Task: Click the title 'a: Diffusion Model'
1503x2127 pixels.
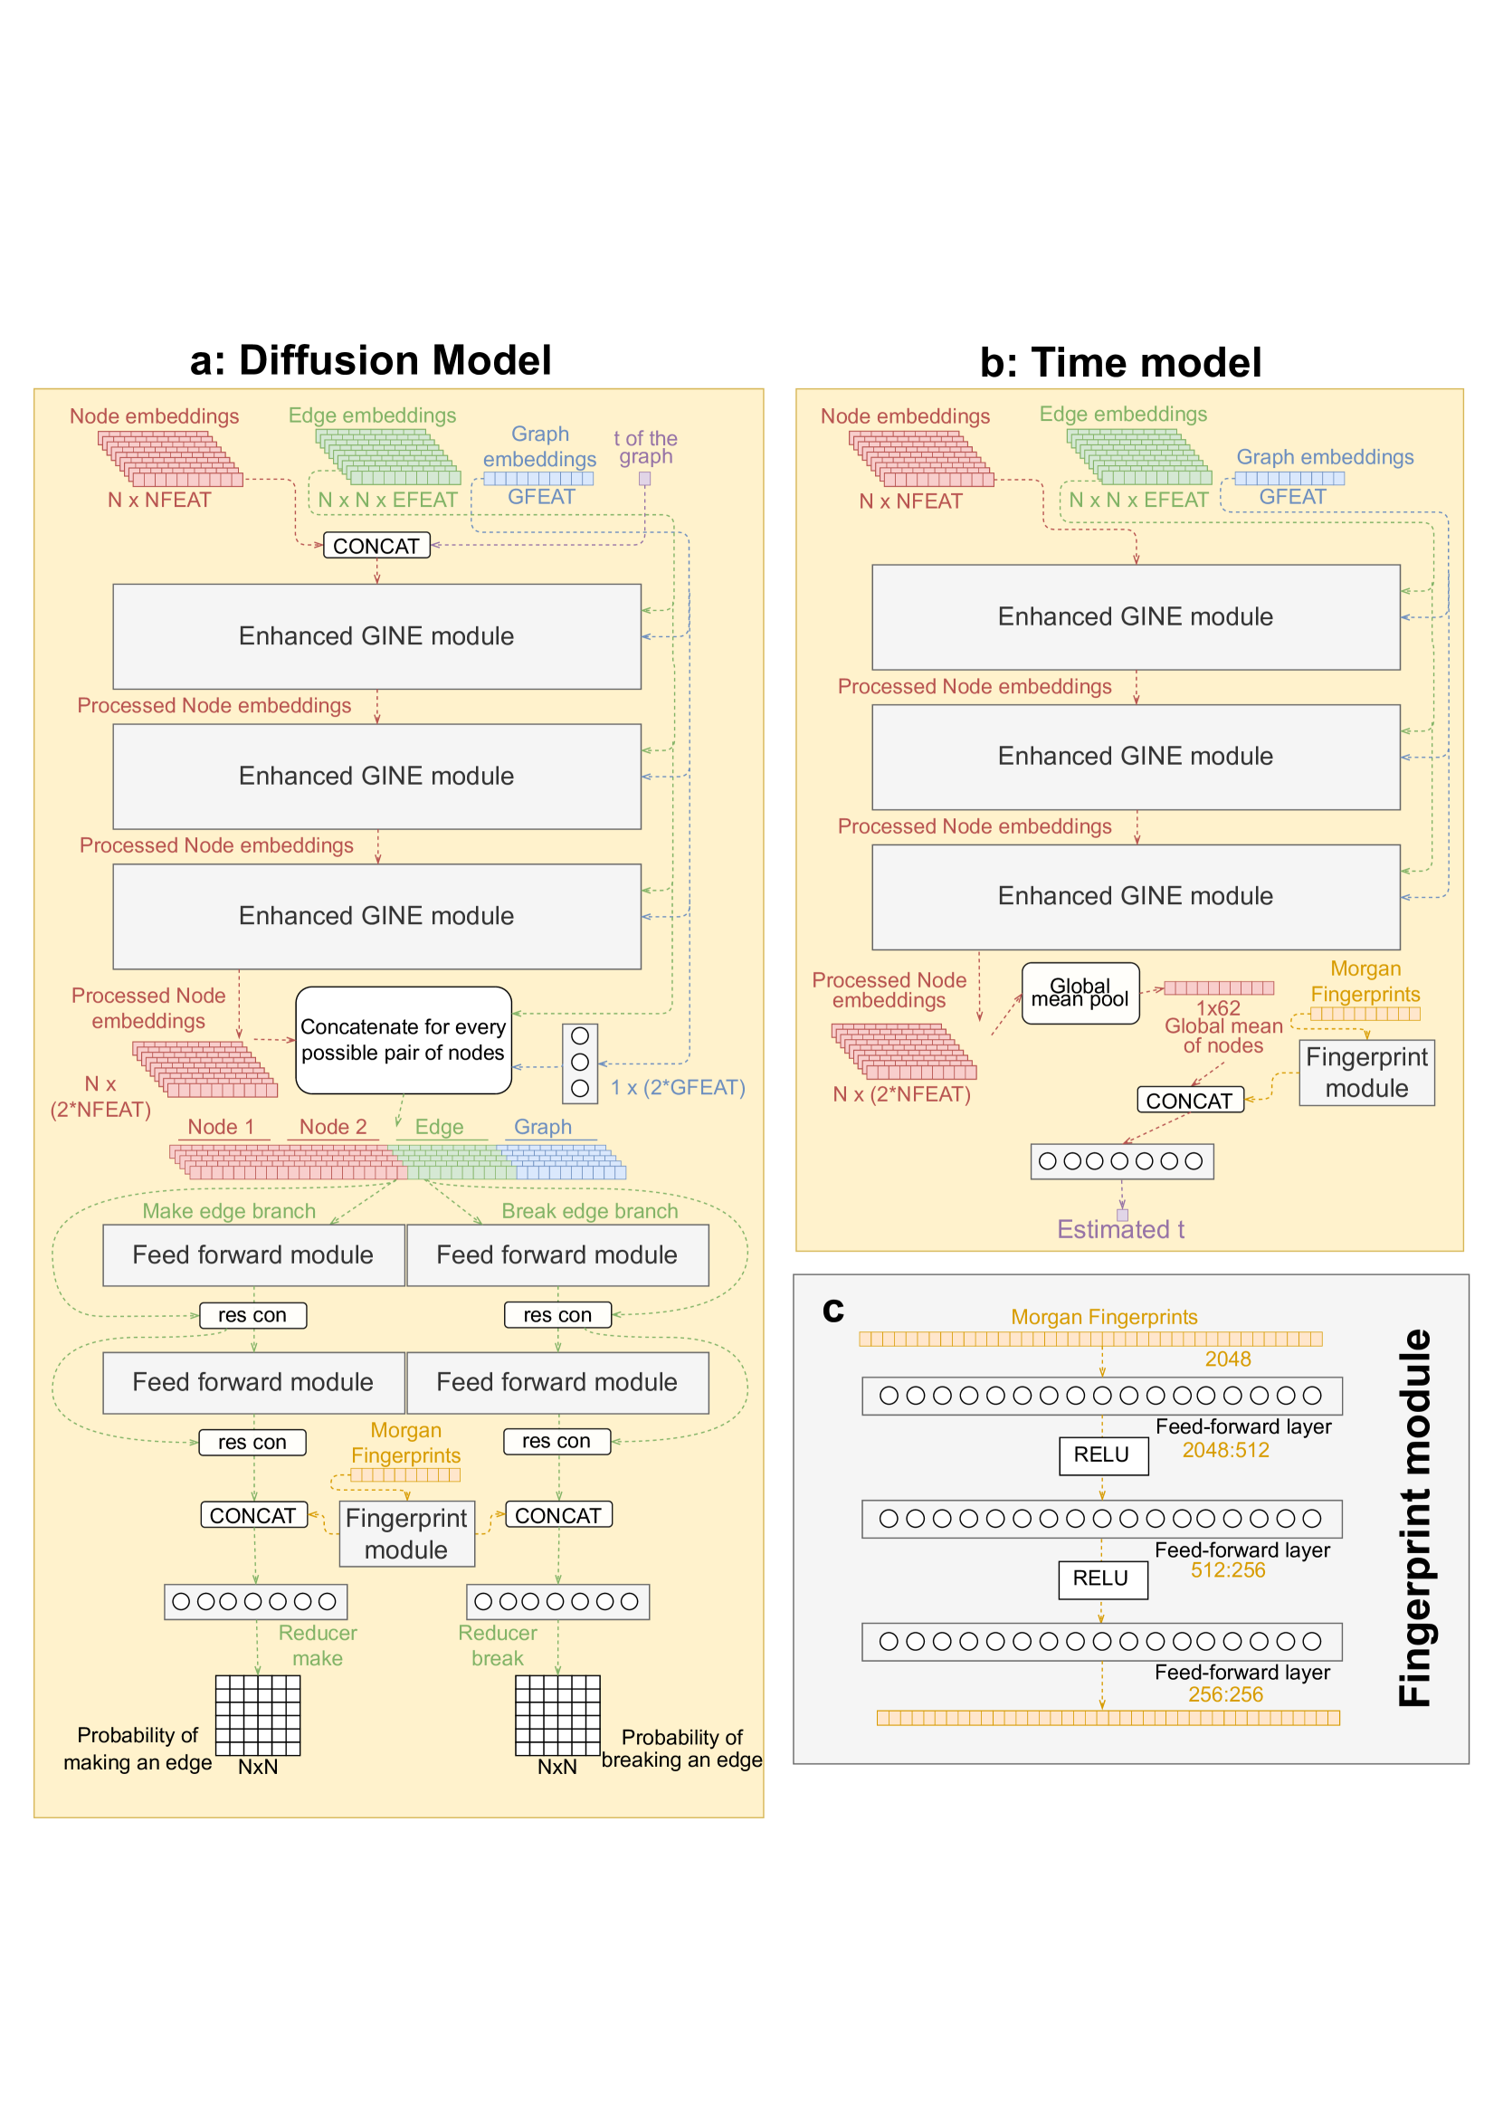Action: point(370,360)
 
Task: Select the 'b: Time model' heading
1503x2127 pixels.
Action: point(1120,362)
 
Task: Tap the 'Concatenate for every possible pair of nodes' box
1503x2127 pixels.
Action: point(404,1039)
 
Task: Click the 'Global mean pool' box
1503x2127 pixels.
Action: point(1080,993)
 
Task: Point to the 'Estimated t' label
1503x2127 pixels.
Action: point(1120,1229)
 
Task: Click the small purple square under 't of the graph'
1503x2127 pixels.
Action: point(644,479)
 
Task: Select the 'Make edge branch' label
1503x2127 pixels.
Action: point(229,1211)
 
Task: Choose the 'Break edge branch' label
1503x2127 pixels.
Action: point(590,1211)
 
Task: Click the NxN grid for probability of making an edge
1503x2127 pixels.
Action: point(258,1716)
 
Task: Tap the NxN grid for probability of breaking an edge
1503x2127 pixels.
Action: point(557,1716)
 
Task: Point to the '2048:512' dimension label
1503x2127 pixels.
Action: point(1225,1450)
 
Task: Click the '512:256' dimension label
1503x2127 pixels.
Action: point(1228,1569)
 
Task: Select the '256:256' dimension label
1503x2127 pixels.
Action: point(1225,1694)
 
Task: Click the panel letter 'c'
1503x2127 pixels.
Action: point(833,1310)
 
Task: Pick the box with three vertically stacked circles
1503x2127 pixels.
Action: point(580,1063)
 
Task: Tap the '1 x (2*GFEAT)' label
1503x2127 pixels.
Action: point(678,1087)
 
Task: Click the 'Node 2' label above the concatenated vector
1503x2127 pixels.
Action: point(333,1127)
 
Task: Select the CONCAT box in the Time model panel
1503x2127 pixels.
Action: point(1190,1100)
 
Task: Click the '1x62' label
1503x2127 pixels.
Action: point(1218,1008)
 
